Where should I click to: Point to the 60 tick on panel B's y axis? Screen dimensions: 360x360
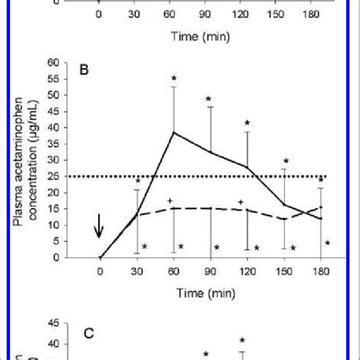pyautogui.click(x=54, y=63)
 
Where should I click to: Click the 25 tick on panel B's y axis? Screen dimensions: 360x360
pyautogui.click(x=54, y=176)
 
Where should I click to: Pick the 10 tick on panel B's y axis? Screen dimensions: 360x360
pyautogui.click(x=54, y=225)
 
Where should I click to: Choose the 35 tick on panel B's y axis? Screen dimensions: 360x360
pyautogui.click(x=54, y=144)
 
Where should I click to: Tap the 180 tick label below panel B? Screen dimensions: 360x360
pyautogui.click(x=321, y=270)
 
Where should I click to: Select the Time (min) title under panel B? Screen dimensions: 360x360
pyautogui.click(x=210, y=291)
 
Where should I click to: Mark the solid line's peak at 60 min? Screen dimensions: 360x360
pyautogui.click(x=174, y=132)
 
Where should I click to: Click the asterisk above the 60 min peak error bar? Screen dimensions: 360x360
pyautogui.click(x=174, y=78)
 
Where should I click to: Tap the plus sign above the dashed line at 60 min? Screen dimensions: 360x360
pyautogui.click(x=169, y=201)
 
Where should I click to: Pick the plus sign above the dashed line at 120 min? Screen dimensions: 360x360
pyautogui.click(x=241, y=201)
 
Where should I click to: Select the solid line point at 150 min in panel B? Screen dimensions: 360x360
pyautogui.click(x=285, y=204)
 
